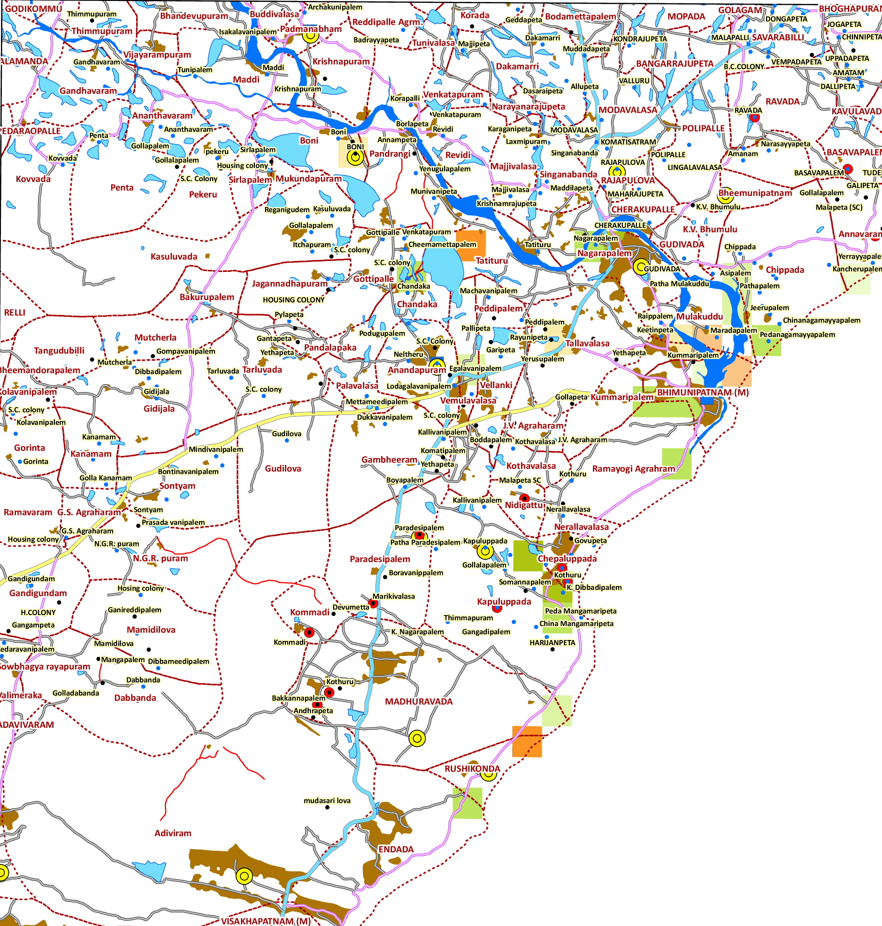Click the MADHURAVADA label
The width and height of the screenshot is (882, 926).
[x=418, y=701]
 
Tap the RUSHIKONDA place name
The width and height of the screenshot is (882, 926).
[x=472, y=768]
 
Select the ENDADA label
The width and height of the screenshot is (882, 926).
[x=396, y=849]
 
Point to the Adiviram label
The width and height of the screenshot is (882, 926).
[x=173, y=833]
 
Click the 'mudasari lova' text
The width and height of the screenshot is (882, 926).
[x=327, y=801]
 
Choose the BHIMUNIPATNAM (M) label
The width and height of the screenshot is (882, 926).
[x=702, y=392]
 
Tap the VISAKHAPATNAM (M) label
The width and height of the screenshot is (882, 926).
[x=266, y=921]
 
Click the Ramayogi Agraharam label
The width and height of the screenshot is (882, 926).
[x=633, y=469]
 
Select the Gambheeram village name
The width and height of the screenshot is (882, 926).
[x=389, y=459]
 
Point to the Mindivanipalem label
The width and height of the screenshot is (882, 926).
[x=216, y=449]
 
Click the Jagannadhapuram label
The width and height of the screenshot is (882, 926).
[x=289, y=284]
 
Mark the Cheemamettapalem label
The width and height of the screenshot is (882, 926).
[x=442, y=245]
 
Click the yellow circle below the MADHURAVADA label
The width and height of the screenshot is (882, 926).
[x=416, y=738]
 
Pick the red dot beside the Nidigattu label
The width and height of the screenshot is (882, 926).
[x=524, y=498]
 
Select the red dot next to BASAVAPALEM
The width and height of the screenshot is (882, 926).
[x=848, y=169]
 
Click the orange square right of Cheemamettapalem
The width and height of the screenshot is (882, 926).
[x=471, y=246]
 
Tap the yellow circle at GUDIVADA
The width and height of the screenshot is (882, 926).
[x=640, y=267]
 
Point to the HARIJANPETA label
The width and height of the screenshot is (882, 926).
[x=552, y=642]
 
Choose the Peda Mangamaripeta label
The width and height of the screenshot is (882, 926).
[x=580, y=611]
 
